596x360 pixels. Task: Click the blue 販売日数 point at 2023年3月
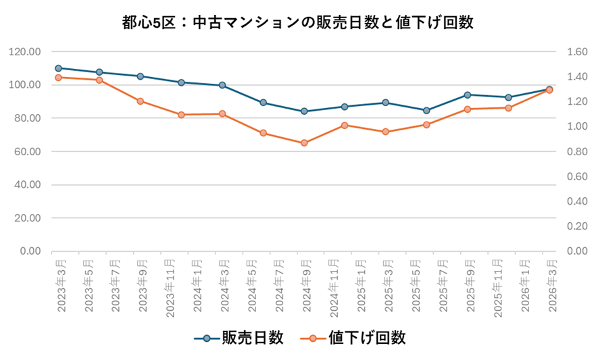[x=58, y=68]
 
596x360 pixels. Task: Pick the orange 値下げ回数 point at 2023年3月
[x=58, y=78]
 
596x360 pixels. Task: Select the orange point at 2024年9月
[x=304, y=143]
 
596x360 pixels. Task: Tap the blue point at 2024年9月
[x=304, y=111]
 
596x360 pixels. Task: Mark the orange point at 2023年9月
[x=140, y=101]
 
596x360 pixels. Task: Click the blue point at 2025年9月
[x=468, y=95]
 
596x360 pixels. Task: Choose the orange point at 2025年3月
[x=386, y=132]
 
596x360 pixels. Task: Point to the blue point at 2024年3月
[x=222, y=85]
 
